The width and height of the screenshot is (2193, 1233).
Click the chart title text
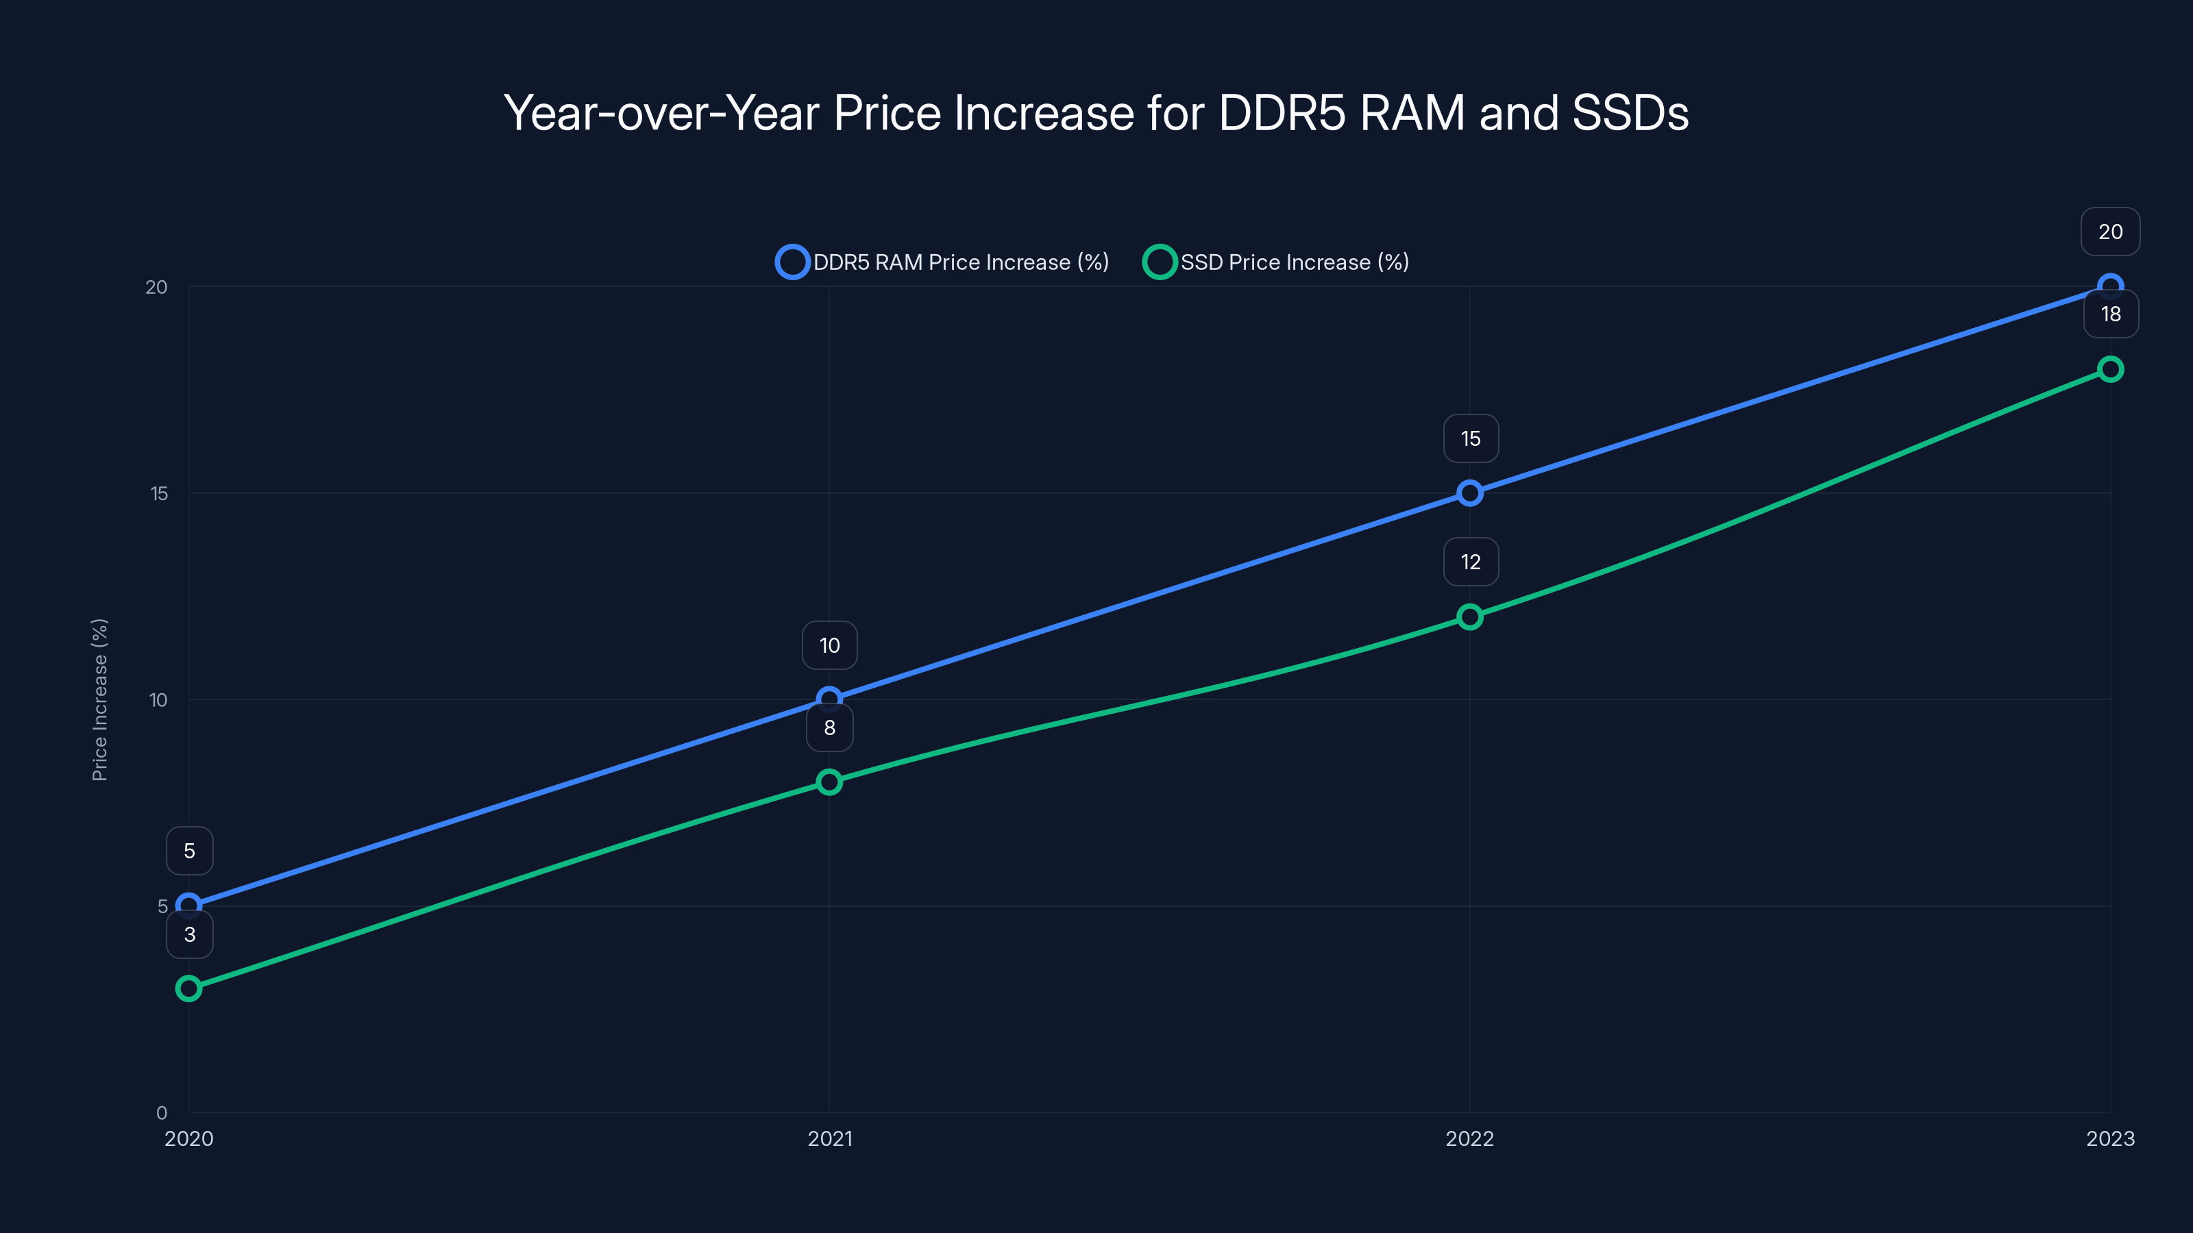pyautogui.click(x=1096, y=112)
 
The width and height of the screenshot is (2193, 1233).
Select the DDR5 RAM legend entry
pyautogui.click(x=942, y=262)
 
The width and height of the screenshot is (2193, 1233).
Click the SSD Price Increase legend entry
pyautogui.click(x=1276, y=262)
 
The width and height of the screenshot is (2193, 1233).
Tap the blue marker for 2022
pyautogui.click(x=1469, y=493)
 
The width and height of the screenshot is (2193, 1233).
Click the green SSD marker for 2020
pyautogui.click(x=189, y=988)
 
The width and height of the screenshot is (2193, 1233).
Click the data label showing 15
pyautogui.click(x=1470, y=438)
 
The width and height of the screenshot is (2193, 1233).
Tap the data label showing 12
pyautogui.click(x=1470, y=562)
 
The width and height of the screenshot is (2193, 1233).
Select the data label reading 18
pyautogui.click(x=2111, y=314)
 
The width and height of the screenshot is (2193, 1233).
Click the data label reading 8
pyautogui.click(x=829, y=727)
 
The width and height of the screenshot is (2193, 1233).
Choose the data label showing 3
pyautogui.click(x=189, y=934)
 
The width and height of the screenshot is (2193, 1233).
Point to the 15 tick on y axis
pyautogui.click(x=159, y=493)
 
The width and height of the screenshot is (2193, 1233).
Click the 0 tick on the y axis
pyautogui.click(x=162, y=1112)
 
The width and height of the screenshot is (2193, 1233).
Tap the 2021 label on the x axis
pyautogui.click(x=829, y=1138)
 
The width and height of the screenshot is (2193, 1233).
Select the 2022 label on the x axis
pyautogui.click(x=1469, y=1138)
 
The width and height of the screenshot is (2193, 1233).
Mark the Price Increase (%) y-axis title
pyautogui.click(x=99, y=699)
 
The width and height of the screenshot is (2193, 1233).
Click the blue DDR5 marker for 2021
pyautogui.click(x=829, y=699)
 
